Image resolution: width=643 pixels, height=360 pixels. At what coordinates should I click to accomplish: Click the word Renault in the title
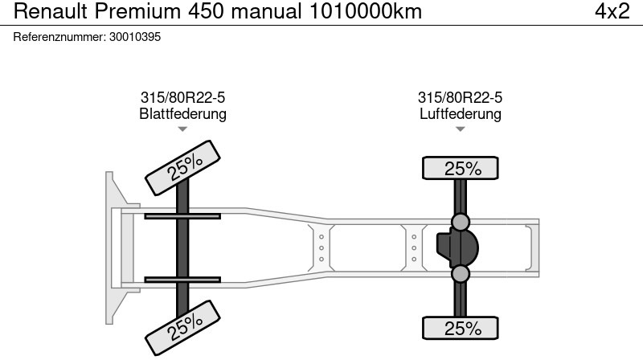(x=51, y=11)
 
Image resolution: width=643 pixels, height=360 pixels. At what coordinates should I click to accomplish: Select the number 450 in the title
(x=206, y=11)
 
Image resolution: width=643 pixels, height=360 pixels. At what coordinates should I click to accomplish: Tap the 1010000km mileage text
(x=366, y=11)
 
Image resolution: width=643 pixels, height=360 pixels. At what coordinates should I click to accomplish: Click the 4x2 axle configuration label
(x=612, y=11)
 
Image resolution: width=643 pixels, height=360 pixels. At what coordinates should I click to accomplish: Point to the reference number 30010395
(x=135, y=37)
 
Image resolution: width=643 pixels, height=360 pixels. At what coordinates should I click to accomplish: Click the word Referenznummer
(x=59, y=37)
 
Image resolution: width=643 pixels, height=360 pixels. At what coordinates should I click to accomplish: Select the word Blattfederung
(x=182, y=113)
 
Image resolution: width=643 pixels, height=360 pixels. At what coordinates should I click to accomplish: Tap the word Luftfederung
(x=460, y=113)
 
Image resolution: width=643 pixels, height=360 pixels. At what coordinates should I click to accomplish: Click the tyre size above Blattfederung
(x=182, y=97)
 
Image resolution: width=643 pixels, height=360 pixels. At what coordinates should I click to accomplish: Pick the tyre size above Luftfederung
(x=460, y=97)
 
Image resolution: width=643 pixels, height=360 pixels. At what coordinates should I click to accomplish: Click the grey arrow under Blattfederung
(x=182, y=129)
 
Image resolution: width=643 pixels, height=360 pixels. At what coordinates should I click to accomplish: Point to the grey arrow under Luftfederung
(x=460, y=129)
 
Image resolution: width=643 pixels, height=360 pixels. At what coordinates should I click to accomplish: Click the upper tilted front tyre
(x=182, y=168)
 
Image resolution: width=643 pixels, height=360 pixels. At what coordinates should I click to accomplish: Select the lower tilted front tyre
(x=182, y=328)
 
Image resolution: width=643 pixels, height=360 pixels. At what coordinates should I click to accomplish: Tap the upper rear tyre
(x=460, y=168)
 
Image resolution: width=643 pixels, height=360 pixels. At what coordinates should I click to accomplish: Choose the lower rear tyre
(x=460, y=328)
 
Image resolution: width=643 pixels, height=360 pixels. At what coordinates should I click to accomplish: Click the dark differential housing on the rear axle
(x=457, y=248)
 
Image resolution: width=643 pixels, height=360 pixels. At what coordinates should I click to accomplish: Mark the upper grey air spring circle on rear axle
(x=460, y=222)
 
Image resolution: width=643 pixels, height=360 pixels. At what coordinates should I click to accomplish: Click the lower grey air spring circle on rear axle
(x=460, y=274)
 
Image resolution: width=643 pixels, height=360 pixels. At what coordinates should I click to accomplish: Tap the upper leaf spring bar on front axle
(x=182, y=216)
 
